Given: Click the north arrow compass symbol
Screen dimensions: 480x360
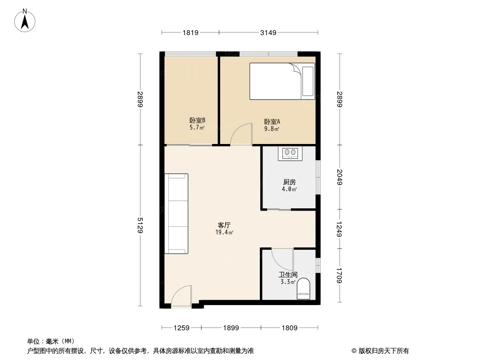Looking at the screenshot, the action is coord(25,21).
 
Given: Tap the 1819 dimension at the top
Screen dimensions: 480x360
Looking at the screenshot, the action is coord(190,32).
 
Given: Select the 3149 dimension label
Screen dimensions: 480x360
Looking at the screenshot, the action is coord(268,32).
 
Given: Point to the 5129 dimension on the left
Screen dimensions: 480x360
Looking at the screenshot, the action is coord(140,225).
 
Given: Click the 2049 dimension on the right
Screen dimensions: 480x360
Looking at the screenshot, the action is coord(339,177).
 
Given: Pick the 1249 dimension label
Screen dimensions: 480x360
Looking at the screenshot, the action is coord(339,229).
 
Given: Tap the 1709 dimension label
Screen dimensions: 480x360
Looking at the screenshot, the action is coord(339,275).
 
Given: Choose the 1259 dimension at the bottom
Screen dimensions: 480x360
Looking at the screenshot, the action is coord(181,328).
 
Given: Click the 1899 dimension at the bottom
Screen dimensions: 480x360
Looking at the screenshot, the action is coord(231,328).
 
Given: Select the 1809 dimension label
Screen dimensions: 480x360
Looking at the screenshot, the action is coord(289,328).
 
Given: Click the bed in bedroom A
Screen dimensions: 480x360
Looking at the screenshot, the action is coord(282,81).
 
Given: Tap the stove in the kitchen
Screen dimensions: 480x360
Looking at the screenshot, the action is coord(290,153).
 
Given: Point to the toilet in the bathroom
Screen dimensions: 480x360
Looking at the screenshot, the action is coord(303,289).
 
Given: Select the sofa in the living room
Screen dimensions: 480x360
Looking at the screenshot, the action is coord(177,213).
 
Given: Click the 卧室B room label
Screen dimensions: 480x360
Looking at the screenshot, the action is coord(197,120).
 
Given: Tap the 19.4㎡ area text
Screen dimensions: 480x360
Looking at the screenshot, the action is coord(224,233).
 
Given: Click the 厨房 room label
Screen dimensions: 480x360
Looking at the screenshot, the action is coord(289,182).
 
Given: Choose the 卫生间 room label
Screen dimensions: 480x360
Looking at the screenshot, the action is coord(288,274).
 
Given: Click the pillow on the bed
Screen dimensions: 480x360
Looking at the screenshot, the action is coord(308,81).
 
